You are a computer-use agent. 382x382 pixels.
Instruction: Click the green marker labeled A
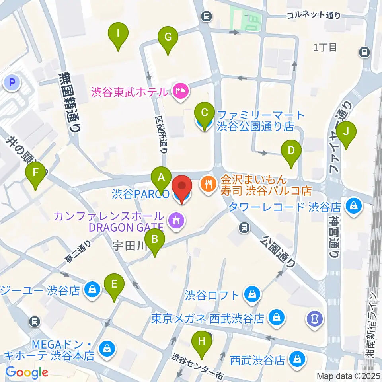click(161, 177)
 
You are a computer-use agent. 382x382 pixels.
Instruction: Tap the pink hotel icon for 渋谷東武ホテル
click(181, 92)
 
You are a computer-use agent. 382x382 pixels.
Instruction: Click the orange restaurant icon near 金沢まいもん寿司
click(207, 184)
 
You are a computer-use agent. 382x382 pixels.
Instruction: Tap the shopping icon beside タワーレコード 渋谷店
click(353, 206)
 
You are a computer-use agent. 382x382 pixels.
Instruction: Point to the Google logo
click(27, 372)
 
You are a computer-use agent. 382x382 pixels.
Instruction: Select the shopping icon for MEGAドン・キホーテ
click(107, 349)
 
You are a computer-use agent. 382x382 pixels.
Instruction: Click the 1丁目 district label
click(325, 47)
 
